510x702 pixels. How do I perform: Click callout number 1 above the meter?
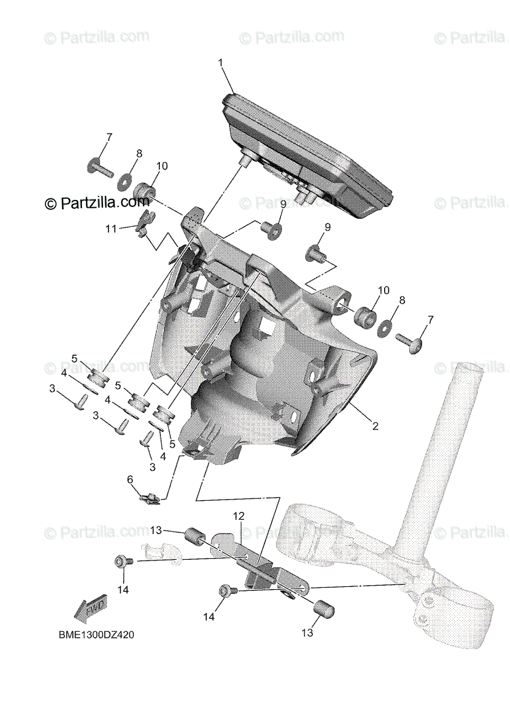221,62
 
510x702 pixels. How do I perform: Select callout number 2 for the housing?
375,426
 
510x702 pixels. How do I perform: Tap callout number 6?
130,480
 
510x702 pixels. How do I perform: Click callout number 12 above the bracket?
238,516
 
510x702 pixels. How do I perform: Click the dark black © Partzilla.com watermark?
97,202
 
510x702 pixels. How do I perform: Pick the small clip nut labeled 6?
150,498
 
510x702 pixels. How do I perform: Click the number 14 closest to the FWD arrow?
122,590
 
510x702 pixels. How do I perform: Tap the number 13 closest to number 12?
155,531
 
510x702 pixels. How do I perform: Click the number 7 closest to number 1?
108,137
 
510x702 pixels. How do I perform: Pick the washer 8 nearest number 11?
125,182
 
